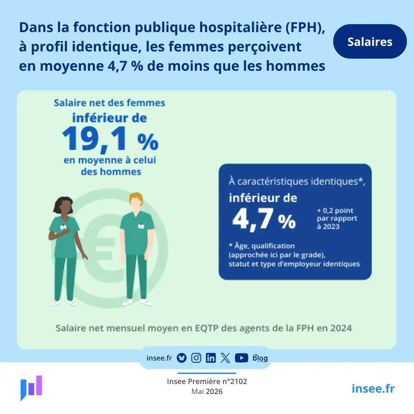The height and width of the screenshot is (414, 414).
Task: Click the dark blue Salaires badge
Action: pyautogui.click(x=370, y=41)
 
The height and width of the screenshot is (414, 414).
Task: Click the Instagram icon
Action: pyautogui.click(x=196, y=358)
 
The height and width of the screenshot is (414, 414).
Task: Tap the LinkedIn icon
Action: pyautogui.click(x=211, y=358)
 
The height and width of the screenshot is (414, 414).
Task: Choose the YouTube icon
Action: pyautogui.click(x=241, y=358)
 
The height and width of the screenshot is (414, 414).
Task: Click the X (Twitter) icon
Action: pyautogui.click(x=225, y=358)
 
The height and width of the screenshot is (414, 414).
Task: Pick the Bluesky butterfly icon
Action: pyautogui.click(x=181, y=358)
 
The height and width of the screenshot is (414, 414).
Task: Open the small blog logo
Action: pyautogui.click(x=260, y=358)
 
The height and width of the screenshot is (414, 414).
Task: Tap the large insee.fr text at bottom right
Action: pyautogui.click(x=373, y=388)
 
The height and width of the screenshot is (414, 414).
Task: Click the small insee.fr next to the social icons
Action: pyautogui.click(x=159, y=358)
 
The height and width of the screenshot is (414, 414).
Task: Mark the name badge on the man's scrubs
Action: pyautogui.click(x=141, y=226)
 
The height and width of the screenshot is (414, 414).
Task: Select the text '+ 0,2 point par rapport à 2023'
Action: pyautogui.click(x=337, y=218)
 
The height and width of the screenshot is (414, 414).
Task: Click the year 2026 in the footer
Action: pyautogui.click(x=214, y=392)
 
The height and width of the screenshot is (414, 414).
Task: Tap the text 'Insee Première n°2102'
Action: pyautogui.click(x=207, y=381)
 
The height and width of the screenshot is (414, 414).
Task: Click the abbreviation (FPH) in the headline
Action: pyautogui.click(x=305, y=28)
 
